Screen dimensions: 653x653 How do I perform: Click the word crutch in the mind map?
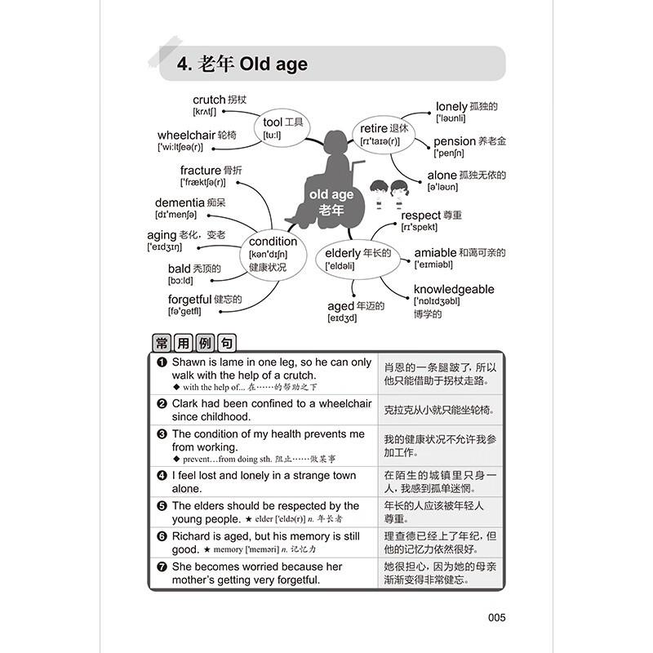[209, 100]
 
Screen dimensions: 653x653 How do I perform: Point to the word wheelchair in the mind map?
[186, 135]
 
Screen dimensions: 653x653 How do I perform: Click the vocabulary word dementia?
[180, 202]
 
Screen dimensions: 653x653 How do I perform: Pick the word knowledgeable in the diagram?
[453, 289]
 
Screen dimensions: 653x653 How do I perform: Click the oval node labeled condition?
[273, 253]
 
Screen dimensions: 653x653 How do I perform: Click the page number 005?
[496, 618]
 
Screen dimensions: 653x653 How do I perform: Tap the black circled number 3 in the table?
[162, 434]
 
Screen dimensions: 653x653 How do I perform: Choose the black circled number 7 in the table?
[162, 566]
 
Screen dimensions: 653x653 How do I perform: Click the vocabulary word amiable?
[435, 253]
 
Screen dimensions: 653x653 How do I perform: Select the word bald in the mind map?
[179, 269]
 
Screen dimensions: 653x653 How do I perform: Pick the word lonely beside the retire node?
[451, 106]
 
